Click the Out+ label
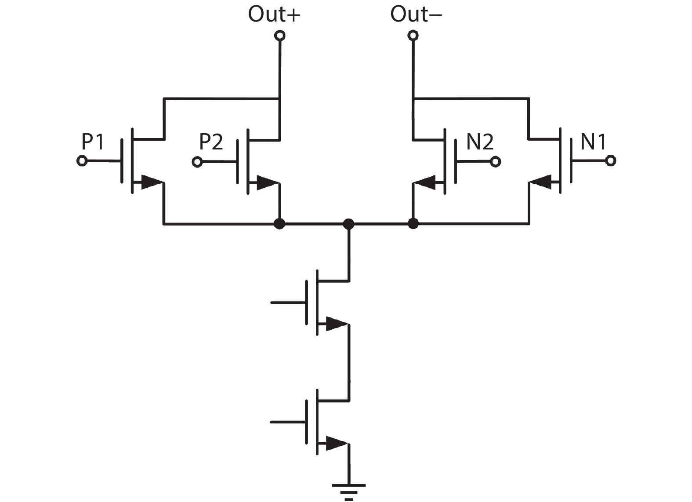(x=274, y=14)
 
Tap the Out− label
(x=416, y=14)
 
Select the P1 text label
(x=93, y=142)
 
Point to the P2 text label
(x=211, y=142)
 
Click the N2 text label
(x=480, y=142)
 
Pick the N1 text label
(x=594, y=142)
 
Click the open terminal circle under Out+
(x=279, y=36)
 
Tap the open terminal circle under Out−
(x=413, y=36)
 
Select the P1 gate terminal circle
(x=82, y=161)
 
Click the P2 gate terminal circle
(x=197, y=162)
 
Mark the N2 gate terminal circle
(x=495, y=162)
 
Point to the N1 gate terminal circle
(x=610, y=161)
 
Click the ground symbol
(x=349, y=490)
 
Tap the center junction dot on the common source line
(x=348, y=224)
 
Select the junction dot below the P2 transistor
(x=279, y=224)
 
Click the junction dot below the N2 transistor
(x=413, y=224)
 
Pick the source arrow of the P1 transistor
(x=152, y=182)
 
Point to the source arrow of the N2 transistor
(x=425, y=181)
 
